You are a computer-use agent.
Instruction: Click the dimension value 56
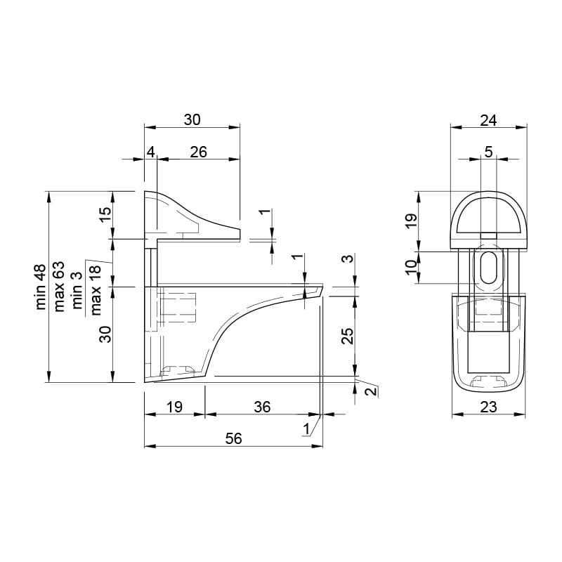coord(234,438)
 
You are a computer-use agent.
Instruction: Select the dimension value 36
coord(262,407)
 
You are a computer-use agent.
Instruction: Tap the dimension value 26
coord(199,152)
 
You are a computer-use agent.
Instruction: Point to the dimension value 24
coord(488,120)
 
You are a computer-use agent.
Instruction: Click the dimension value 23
coord(488,407)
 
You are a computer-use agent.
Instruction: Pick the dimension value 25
coord(347,336)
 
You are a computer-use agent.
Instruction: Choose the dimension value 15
coord(106,215)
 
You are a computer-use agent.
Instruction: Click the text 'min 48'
coord(41,287)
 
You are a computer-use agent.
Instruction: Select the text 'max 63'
coord(60,287)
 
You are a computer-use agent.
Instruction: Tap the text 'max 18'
coord(96,290)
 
